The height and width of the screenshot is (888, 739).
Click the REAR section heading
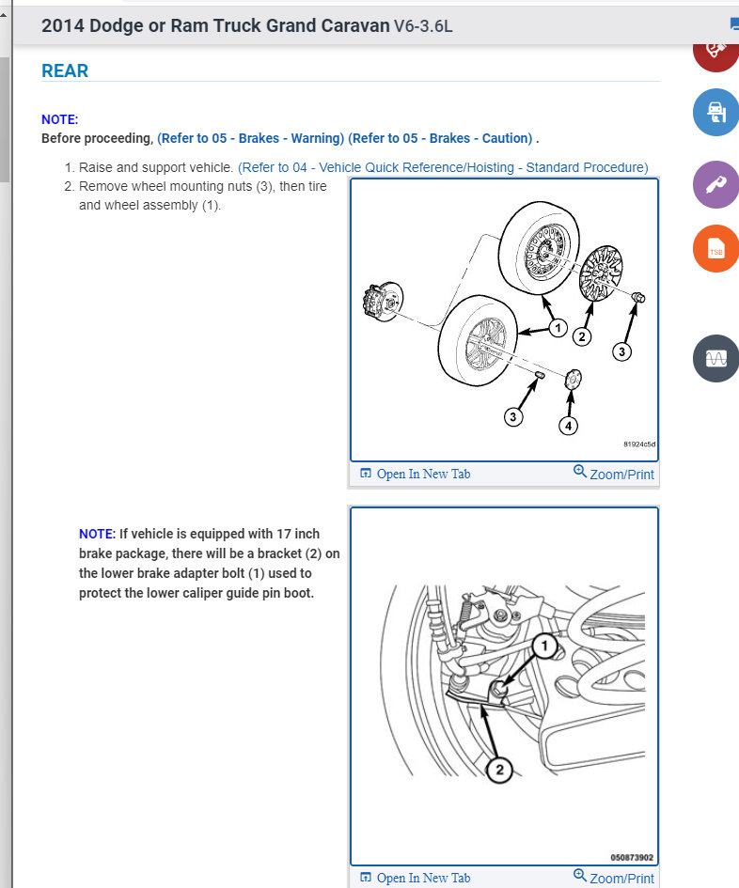(x=65, y=70)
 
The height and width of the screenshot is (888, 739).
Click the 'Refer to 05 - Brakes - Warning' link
(x=250, y=138)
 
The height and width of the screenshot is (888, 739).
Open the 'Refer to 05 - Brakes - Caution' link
(x=440, y=138)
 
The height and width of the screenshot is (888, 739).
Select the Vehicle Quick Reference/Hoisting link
(x=443, y=167)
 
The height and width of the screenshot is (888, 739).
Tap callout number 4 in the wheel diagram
(x=569, y=426)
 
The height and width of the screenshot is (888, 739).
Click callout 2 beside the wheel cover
(x=581, y=336)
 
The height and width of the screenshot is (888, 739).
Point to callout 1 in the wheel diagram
(x=558, y=327)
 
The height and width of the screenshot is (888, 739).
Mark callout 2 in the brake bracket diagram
(x=499, y=770)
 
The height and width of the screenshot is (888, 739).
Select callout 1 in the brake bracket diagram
(x=544, y=646)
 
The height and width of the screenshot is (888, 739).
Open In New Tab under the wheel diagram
(x=416, y=474)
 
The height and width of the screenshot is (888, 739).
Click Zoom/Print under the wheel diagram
(x=614, y=474)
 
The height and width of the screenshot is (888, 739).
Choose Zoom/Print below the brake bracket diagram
(x=614, y=878)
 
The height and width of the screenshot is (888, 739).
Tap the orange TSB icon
(x=715, y=249)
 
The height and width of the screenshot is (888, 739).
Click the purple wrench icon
(x=715, y=184)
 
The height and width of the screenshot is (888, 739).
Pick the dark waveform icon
(x=715, y=358)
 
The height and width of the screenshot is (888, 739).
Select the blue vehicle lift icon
(x=715, y=112)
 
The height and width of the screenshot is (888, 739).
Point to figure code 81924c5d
(x=639, y=444)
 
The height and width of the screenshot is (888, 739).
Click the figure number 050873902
(x=632, y=857)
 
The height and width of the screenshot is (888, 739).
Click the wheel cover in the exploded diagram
(x=601, y=273)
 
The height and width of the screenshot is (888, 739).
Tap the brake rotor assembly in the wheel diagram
(x=383, y=302)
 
